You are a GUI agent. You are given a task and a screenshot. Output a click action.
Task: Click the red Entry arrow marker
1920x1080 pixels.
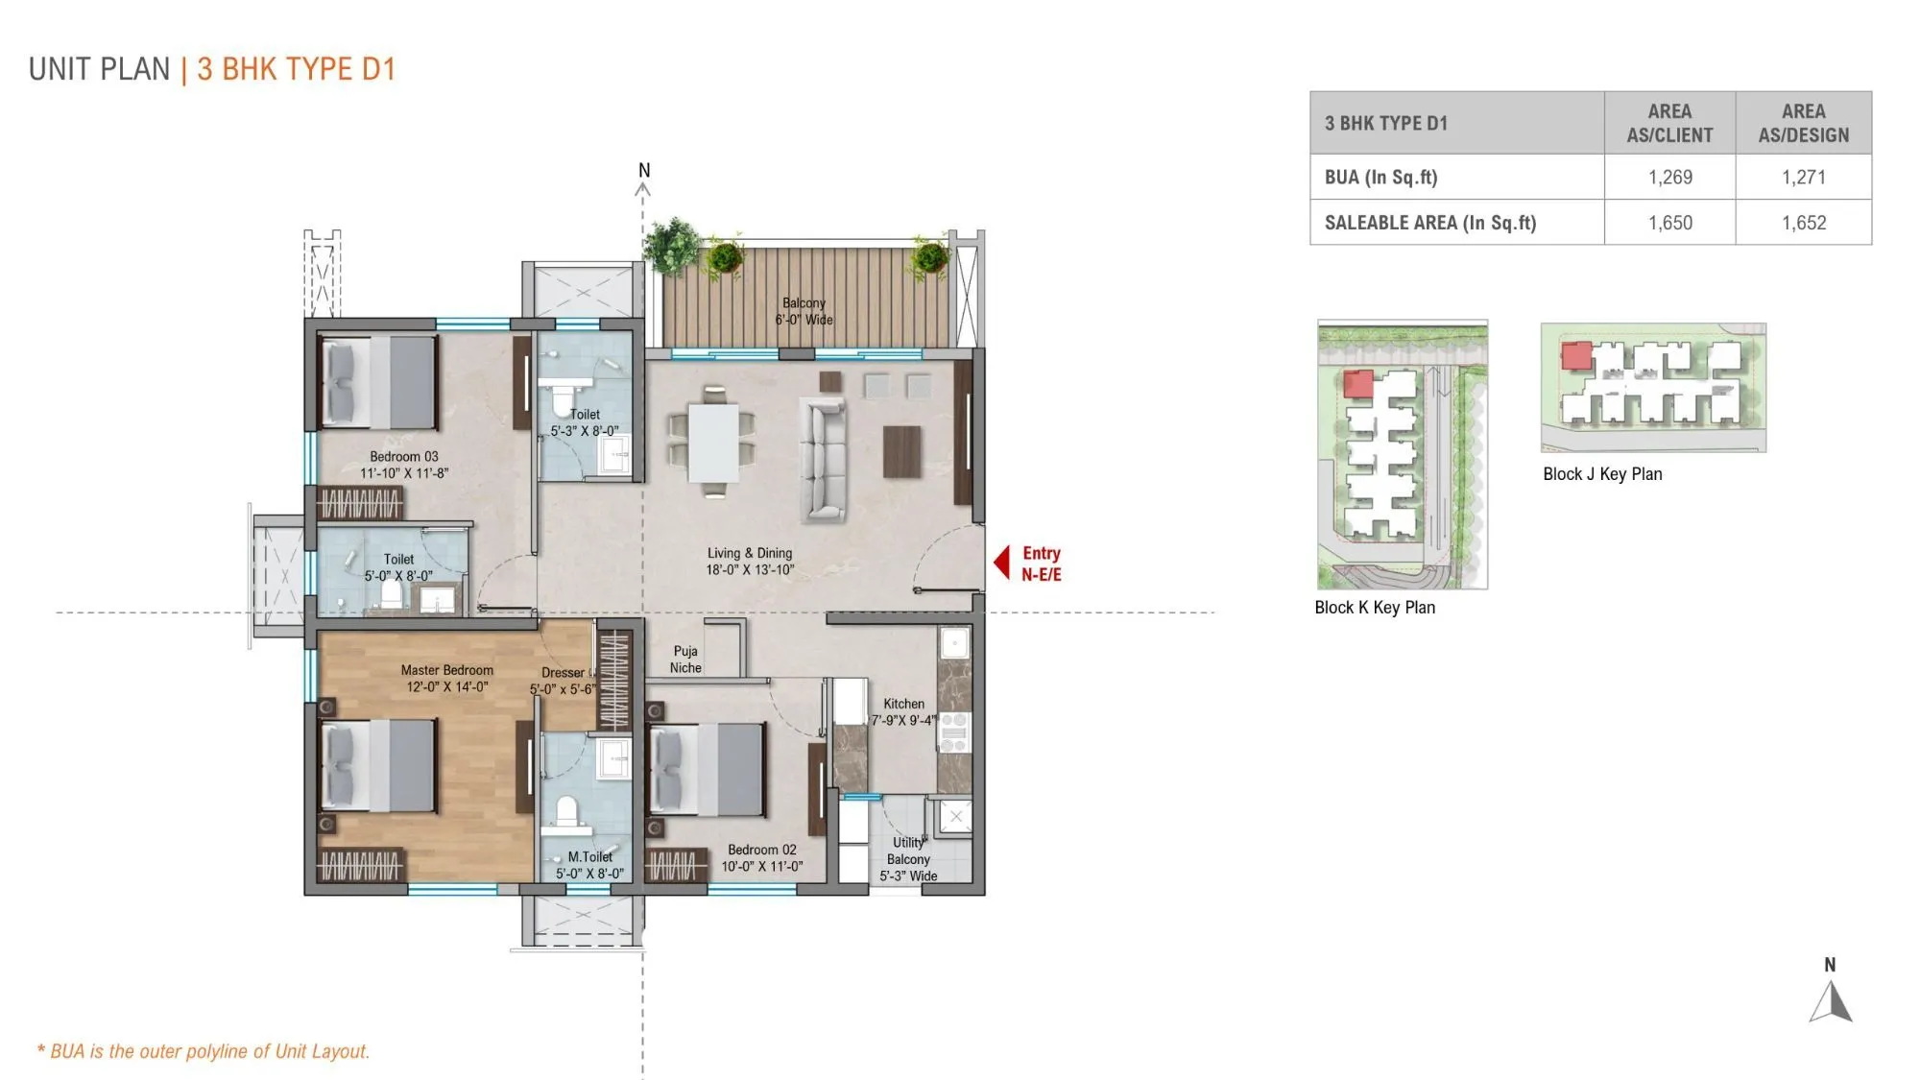[1001, 563]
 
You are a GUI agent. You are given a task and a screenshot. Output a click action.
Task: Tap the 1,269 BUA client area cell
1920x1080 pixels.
[1669, 177]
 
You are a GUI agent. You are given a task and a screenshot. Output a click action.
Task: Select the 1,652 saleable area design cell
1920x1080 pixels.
[1803, 223]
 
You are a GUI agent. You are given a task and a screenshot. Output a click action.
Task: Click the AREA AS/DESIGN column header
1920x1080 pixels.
[1803, 123]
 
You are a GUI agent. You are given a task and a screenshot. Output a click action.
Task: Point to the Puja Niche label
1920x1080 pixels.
[685, 660]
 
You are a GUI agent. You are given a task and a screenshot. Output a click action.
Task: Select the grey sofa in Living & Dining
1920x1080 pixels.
[823, 460]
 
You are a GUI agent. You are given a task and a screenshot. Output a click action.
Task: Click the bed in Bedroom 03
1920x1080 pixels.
[378, 382]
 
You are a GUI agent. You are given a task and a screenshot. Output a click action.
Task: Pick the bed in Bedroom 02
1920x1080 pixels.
[708, 769]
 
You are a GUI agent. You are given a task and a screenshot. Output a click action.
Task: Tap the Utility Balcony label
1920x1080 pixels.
[908, 859]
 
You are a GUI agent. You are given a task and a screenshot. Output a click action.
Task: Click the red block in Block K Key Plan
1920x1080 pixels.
[1357, 384]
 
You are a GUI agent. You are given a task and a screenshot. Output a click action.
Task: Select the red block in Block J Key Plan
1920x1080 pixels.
[1576, 355]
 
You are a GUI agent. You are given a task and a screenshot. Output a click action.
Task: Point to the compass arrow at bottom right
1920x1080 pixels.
[1832, 1001]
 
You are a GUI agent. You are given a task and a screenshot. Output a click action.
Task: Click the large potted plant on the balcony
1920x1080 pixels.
[672, 246]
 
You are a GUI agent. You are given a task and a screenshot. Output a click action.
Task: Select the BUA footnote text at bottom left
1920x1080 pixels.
[204, 1051]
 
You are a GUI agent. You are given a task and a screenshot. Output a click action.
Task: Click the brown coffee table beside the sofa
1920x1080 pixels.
[901, 451]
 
